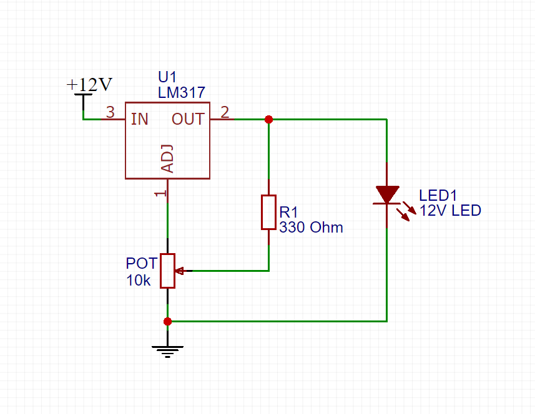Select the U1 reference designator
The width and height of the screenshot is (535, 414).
point(167,77)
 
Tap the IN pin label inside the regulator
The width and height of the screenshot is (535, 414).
point(139,119)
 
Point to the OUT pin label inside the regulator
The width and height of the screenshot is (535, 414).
point(188,119)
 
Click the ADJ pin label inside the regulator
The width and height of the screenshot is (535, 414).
point(167,160)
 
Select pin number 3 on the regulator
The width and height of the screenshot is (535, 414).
point(110,113)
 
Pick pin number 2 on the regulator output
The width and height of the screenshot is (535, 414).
point(225,113)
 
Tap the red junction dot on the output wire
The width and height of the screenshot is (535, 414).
point(268,119)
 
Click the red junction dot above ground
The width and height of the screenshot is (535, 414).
point(167,321)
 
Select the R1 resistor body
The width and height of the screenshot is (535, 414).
point(268,212)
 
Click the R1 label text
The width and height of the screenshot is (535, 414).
point(290,212)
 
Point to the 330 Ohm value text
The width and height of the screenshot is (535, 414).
point(311,228)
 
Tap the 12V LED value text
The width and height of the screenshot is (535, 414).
point(450,211)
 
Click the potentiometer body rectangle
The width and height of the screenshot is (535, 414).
point(167,271)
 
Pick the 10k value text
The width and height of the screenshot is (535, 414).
point(139,280)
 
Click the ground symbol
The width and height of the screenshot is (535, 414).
point(167,350)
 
